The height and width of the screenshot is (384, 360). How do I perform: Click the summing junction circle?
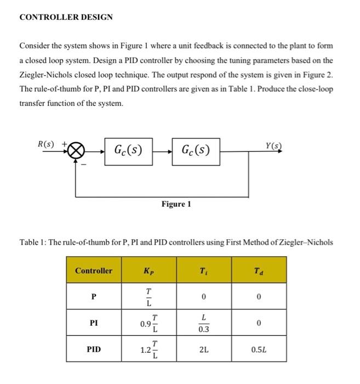coord(76,149)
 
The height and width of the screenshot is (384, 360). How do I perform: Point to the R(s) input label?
coord(45,144)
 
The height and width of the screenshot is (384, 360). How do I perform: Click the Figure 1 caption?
coord(176,204)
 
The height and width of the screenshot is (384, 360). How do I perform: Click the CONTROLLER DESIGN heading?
coord(66,17)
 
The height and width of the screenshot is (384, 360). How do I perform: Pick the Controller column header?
coord(94,271)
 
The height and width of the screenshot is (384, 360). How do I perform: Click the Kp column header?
coord(148,271)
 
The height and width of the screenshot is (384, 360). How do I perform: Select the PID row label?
coord(94,348)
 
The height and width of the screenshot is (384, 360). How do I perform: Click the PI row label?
coord(94,323)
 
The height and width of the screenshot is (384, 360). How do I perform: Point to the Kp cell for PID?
coord(148,348)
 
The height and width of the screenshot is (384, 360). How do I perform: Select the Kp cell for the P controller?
coord(148,297)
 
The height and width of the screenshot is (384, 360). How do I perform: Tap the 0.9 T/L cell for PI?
coord(148,323)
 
